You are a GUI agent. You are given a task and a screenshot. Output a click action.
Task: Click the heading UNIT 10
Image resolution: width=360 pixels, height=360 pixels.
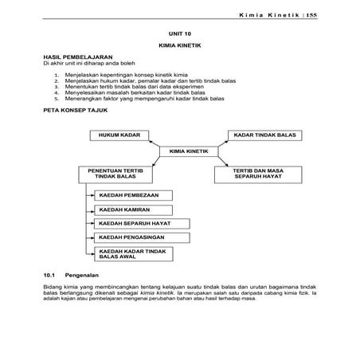(180, 36)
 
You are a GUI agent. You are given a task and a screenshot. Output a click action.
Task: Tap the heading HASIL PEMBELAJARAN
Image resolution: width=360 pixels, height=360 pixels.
(76, 58)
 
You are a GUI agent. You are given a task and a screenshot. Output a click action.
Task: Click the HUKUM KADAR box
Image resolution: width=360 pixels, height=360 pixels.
(115, 136)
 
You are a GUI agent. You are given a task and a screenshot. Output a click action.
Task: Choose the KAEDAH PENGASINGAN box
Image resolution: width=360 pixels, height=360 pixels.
(130, 238)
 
